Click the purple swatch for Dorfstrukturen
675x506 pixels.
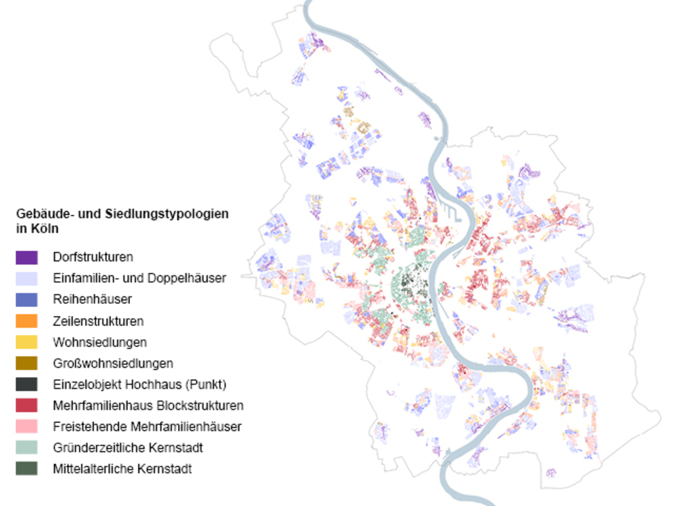26,257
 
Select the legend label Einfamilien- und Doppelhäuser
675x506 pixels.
139,278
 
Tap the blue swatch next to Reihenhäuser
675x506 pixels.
26,299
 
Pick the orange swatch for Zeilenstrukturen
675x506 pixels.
26,321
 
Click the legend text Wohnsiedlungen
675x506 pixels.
100,343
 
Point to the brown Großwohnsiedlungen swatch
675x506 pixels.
26,363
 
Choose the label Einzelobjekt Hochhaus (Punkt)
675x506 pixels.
139,384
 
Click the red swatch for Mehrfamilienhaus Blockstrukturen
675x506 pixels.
26,405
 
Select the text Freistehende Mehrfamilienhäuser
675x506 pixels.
147,426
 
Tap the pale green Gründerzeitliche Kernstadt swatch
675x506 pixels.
26,448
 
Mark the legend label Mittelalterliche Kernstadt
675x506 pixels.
122,469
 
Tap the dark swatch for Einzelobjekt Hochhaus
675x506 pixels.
26,384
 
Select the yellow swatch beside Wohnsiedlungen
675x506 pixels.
26,342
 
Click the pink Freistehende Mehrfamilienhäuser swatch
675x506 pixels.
26,426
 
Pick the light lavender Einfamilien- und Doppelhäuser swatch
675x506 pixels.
26,278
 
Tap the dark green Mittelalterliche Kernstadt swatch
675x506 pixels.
26,469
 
